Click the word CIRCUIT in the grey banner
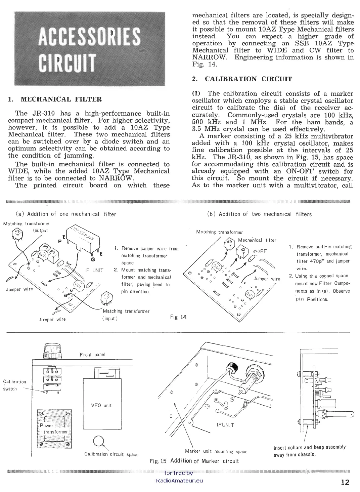pyautogui.click(x=67, y=62)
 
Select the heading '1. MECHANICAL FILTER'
pyautogui.click(x=55, y=99)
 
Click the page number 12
pyautogui.click(x=345, y=482)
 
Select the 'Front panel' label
pyautogui.click(x=93, y=355)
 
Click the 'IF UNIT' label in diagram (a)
pyautogui.click(x=95, y=270)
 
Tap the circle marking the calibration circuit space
pyautogui.click(x=98, y=441)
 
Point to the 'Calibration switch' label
pyautogui.click(x=14, y=385)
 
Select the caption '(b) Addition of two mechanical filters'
pyautogui.click(x=260, y=214)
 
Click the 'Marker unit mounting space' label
pyautogui.click(x=216, y=451)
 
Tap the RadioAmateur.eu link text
pyautogui.click(x=180, y=480)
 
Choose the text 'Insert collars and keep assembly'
pyautogui.click(x=309, y=447)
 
